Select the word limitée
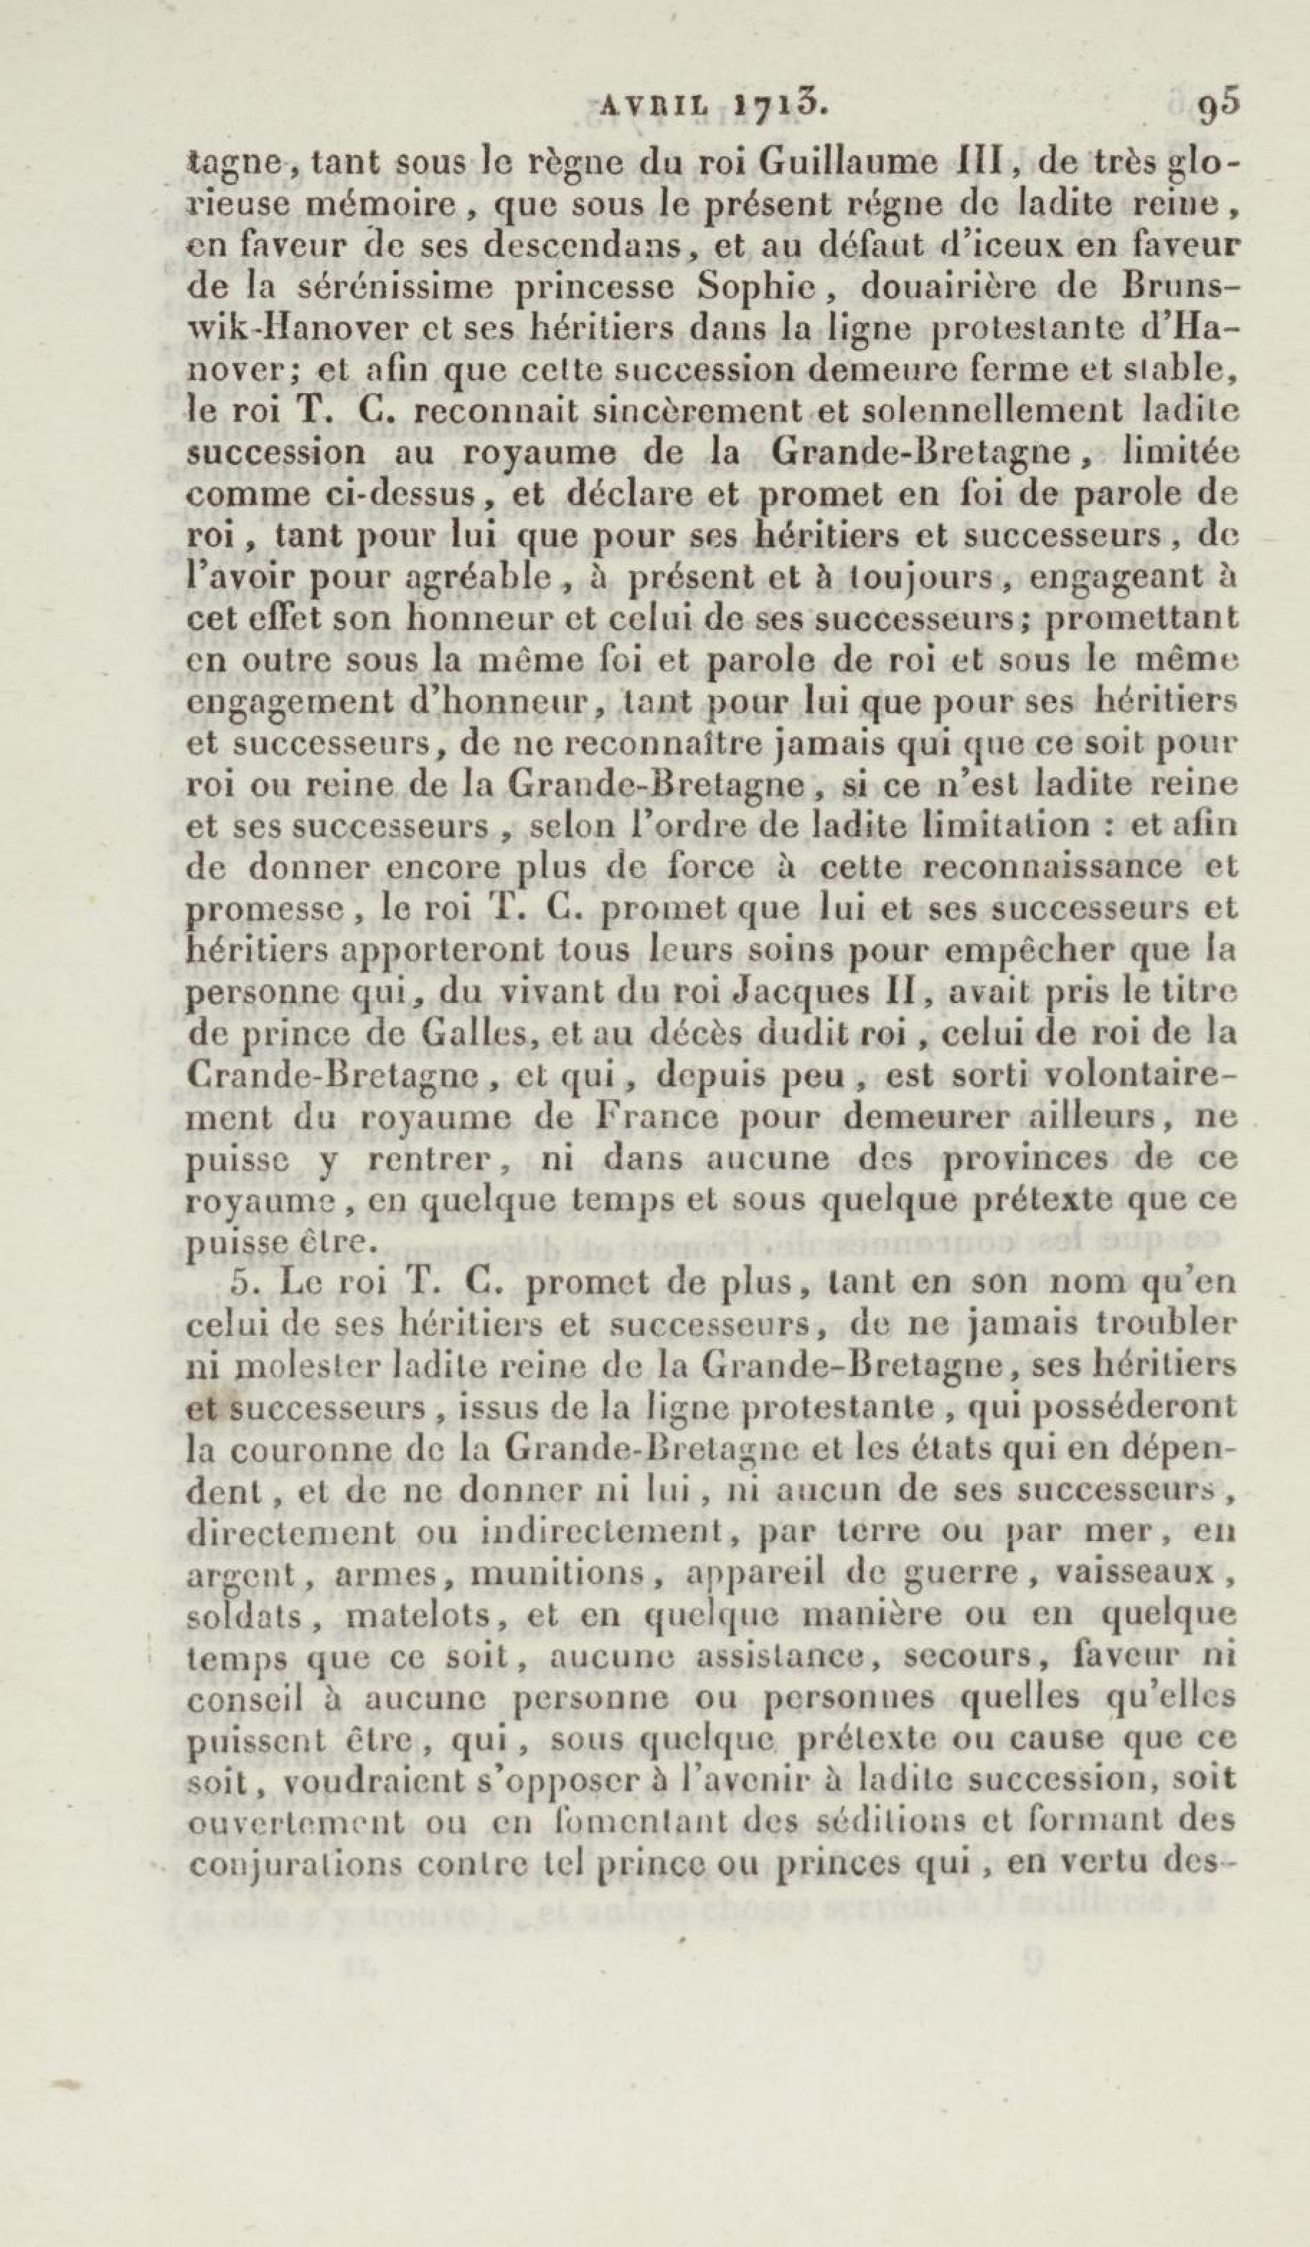tap(1181, 452)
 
